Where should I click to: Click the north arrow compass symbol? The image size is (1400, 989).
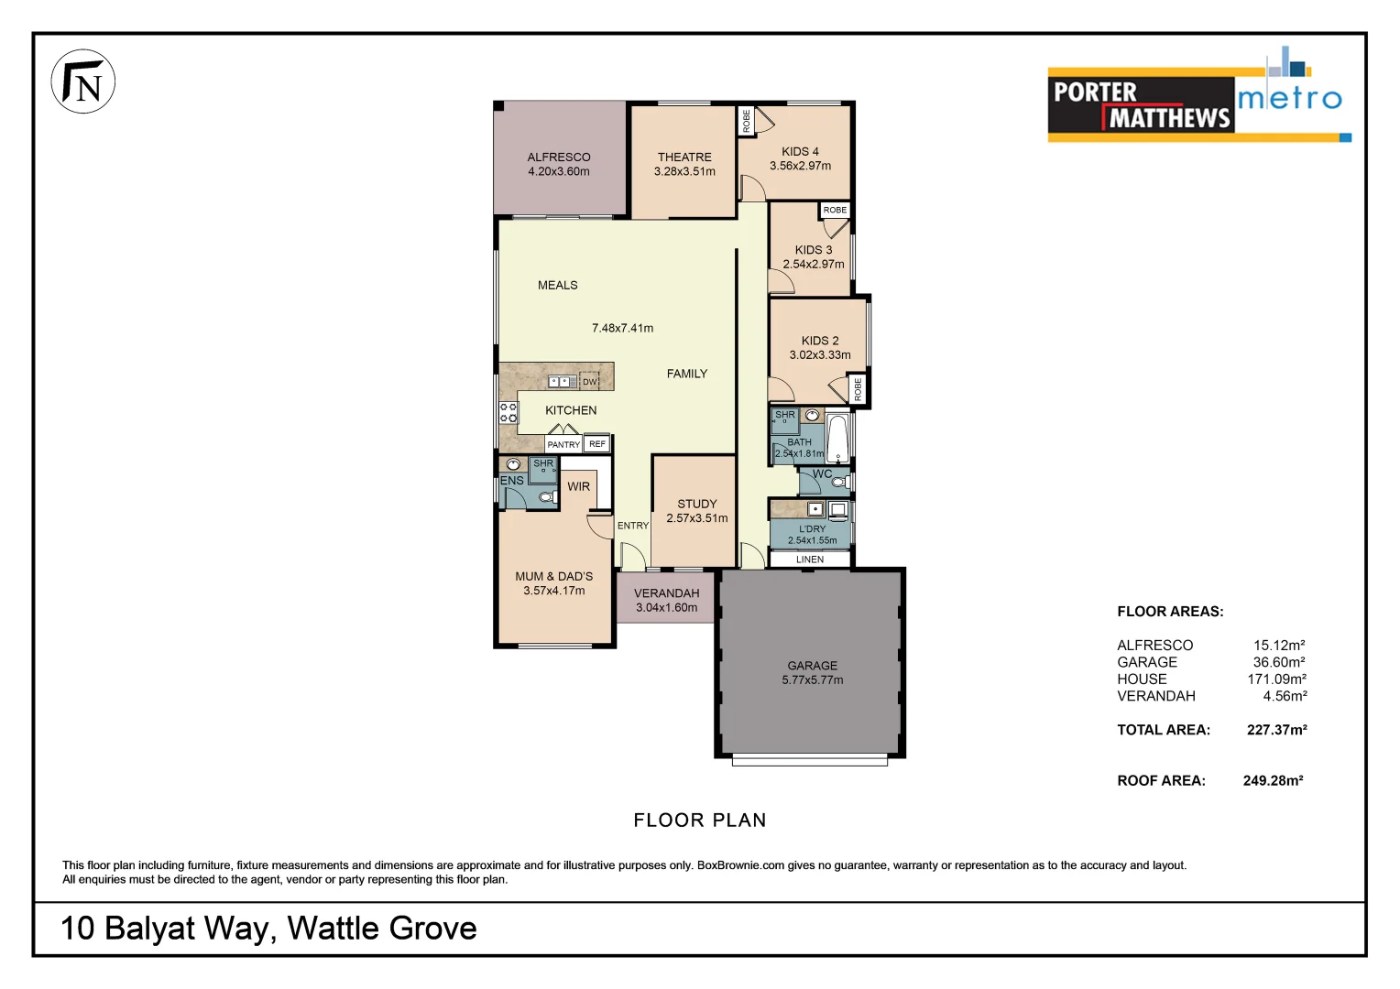tap(82, 82)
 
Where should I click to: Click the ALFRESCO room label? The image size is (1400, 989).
tap(559, 157)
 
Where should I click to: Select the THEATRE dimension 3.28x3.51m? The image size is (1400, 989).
tap(684, 171)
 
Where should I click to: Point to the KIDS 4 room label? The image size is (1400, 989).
tap(800, 151)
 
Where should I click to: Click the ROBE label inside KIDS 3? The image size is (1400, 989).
tap(835, 210)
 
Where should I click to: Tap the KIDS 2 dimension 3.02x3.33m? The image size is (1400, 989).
tap(820, 355)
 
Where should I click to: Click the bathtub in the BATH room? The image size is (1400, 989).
tap(838, 439)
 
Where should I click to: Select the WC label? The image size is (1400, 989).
tap(823, 473)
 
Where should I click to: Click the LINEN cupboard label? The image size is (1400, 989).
tap(810, 560)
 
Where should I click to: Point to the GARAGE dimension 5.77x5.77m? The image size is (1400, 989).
tap(813, 680)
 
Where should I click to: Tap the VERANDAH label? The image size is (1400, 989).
tap(666, 593)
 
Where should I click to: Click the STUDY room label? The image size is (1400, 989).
tap(697, 504)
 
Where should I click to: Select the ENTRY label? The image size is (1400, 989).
tap(632, 526)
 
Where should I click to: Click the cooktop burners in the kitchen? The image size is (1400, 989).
tap(509, 412)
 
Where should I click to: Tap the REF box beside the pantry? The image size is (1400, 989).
tap(597, 444)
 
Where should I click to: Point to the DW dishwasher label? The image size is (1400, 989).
tap(589, 382)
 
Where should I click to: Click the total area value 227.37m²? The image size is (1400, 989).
tap(1276, 730)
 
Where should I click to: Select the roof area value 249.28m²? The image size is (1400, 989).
tap(1273, 780)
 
